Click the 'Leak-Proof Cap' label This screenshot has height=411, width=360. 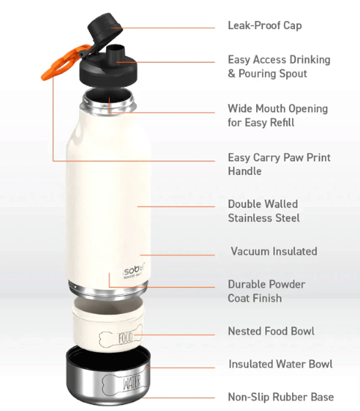click(264, 25)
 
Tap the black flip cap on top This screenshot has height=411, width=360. click(105, 28)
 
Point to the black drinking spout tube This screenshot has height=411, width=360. click(116, 54)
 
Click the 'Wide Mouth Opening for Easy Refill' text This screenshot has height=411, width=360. click(278, 115)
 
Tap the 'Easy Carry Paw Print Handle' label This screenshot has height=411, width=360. click(279, 164)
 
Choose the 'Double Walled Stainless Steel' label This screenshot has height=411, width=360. click(264, 211)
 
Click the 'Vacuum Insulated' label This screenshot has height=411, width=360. click(274, 251)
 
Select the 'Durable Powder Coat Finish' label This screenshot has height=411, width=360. click(267, 291)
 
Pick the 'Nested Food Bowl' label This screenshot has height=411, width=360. click(271, 331)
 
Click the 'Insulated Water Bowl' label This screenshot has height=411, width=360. click(280, 364)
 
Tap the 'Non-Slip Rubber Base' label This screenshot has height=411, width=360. click(281, 397)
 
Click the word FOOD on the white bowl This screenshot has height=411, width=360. click(125, 338)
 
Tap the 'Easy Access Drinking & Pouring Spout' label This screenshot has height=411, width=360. click(279, 67)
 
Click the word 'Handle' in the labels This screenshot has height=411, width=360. click(245, 171)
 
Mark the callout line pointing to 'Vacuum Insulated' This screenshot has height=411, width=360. click(177, 255)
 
